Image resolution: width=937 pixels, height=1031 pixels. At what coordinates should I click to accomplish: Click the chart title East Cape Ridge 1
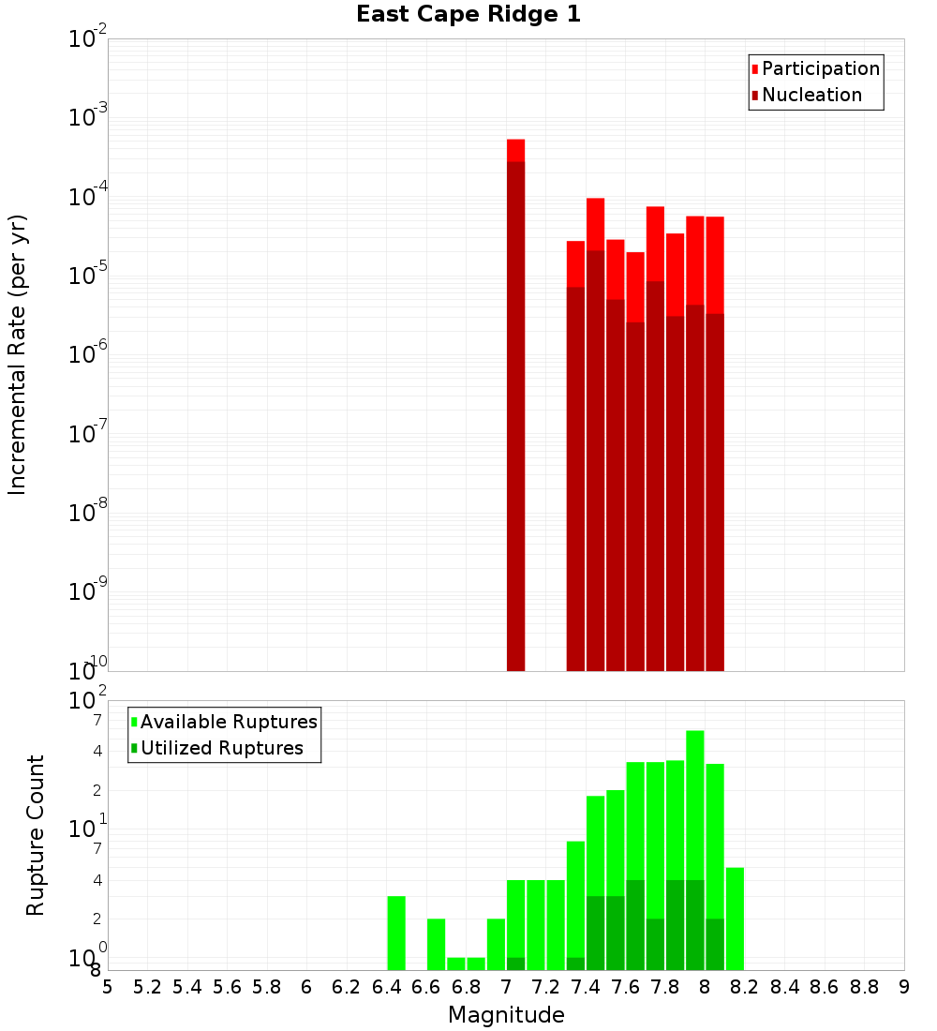pyautogui.click(x=468, y=15)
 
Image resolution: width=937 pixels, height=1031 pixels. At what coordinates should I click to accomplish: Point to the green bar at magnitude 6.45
pyautogui.click(x=396, y=933)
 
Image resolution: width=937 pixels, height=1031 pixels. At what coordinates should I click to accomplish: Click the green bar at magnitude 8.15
pyautogui.click(x=735, y=919)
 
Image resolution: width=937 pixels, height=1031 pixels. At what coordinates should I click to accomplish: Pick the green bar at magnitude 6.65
pyautogui.click(x=436, y=944)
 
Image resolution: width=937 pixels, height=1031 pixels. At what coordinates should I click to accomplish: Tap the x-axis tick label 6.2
pyautogui.click(x=347, y=987)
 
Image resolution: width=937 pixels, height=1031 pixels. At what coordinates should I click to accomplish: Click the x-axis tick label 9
pyautogui.click(x=903, y=987)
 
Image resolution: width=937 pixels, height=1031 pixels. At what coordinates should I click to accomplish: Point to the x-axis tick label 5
pyautogui.click(x=108, y=987)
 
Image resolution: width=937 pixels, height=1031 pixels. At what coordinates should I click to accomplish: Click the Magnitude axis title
pyautogui.click(x=506, y=1015)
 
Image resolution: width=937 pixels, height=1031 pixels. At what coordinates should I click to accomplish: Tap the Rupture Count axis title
pyautogui.click(x=36, y=835)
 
